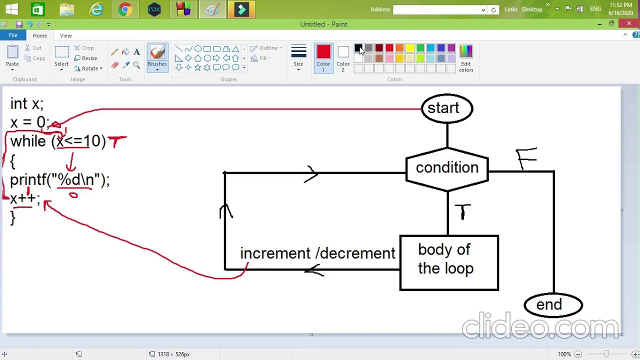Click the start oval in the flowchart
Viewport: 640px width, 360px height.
click(x=446, y=108)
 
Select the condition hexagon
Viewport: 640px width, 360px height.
click(x=446, y=168)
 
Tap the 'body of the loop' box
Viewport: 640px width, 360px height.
click(x=448, y=262)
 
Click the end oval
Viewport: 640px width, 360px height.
click(x=552, y=305)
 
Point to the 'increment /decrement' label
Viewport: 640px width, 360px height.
click(x=317, y=253)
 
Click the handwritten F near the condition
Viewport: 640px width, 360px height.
click(x=526, y=158)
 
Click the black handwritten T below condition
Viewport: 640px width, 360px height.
click(x=462, y=211)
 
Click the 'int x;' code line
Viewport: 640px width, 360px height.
click(x=27, y=104)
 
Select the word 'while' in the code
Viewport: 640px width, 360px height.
click(x=28, y=141)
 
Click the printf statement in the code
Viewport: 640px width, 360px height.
click(x=59, y=180)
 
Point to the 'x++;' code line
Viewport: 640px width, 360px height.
click(x=24, y=198)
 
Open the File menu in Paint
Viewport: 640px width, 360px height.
click(x=13, y=35)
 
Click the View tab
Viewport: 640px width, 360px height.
click(x=65, y=35)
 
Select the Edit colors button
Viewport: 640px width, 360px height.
click(x=465, y=57)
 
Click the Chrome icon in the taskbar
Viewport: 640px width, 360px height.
click(x=125, y=9)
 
